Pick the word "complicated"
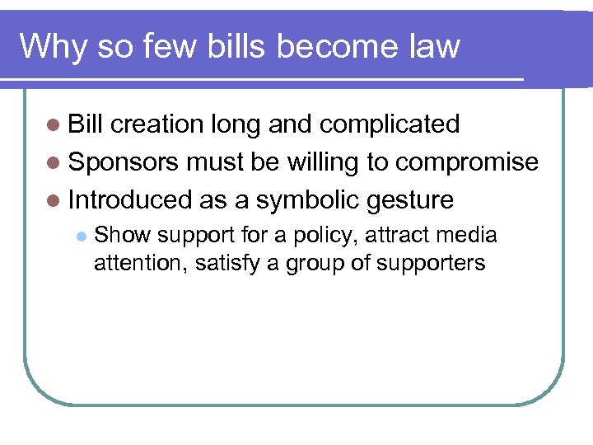[390, 124]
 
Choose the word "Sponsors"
[124, 162]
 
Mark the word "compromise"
[467, 162]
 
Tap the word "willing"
[323, 162]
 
